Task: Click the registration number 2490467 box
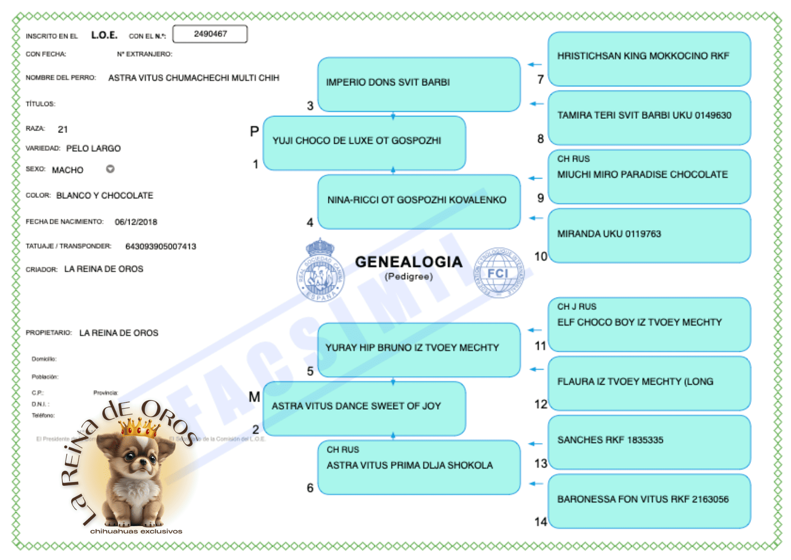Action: pos(210,34)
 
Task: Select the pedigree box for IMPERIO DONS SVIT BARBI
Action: pos(419,84)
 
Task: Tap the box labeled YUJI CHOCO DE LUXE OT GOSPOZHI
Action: pos(364,142)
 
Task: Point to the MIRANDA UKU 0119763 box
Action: pos(649,235)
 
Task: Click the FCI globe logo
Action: pos(498,273)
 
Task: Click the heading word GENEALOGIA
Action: pos(408,262)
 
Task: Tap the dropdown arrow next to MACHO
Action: pos(110,169)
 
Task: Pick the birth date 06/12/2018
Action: pos(136,222)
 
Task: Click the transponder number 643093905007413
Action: pos(161,247)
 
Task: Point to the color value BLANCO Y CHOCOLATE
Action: pos(105,196)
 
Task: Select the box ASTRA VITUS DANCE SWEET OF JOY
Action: pos(364,407)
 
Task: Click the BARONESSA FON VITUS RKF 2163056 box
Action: pos(649,500)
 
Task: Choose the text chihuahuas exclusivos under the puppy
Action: pos(136,532)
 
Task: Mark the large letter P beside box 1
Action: pos(254,131)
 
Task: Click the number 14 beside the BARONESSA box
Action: pos(541,522)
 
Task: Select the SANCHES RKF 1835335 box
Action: pos(649,441)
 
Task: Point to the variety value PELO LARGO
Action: pos(93,149)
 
